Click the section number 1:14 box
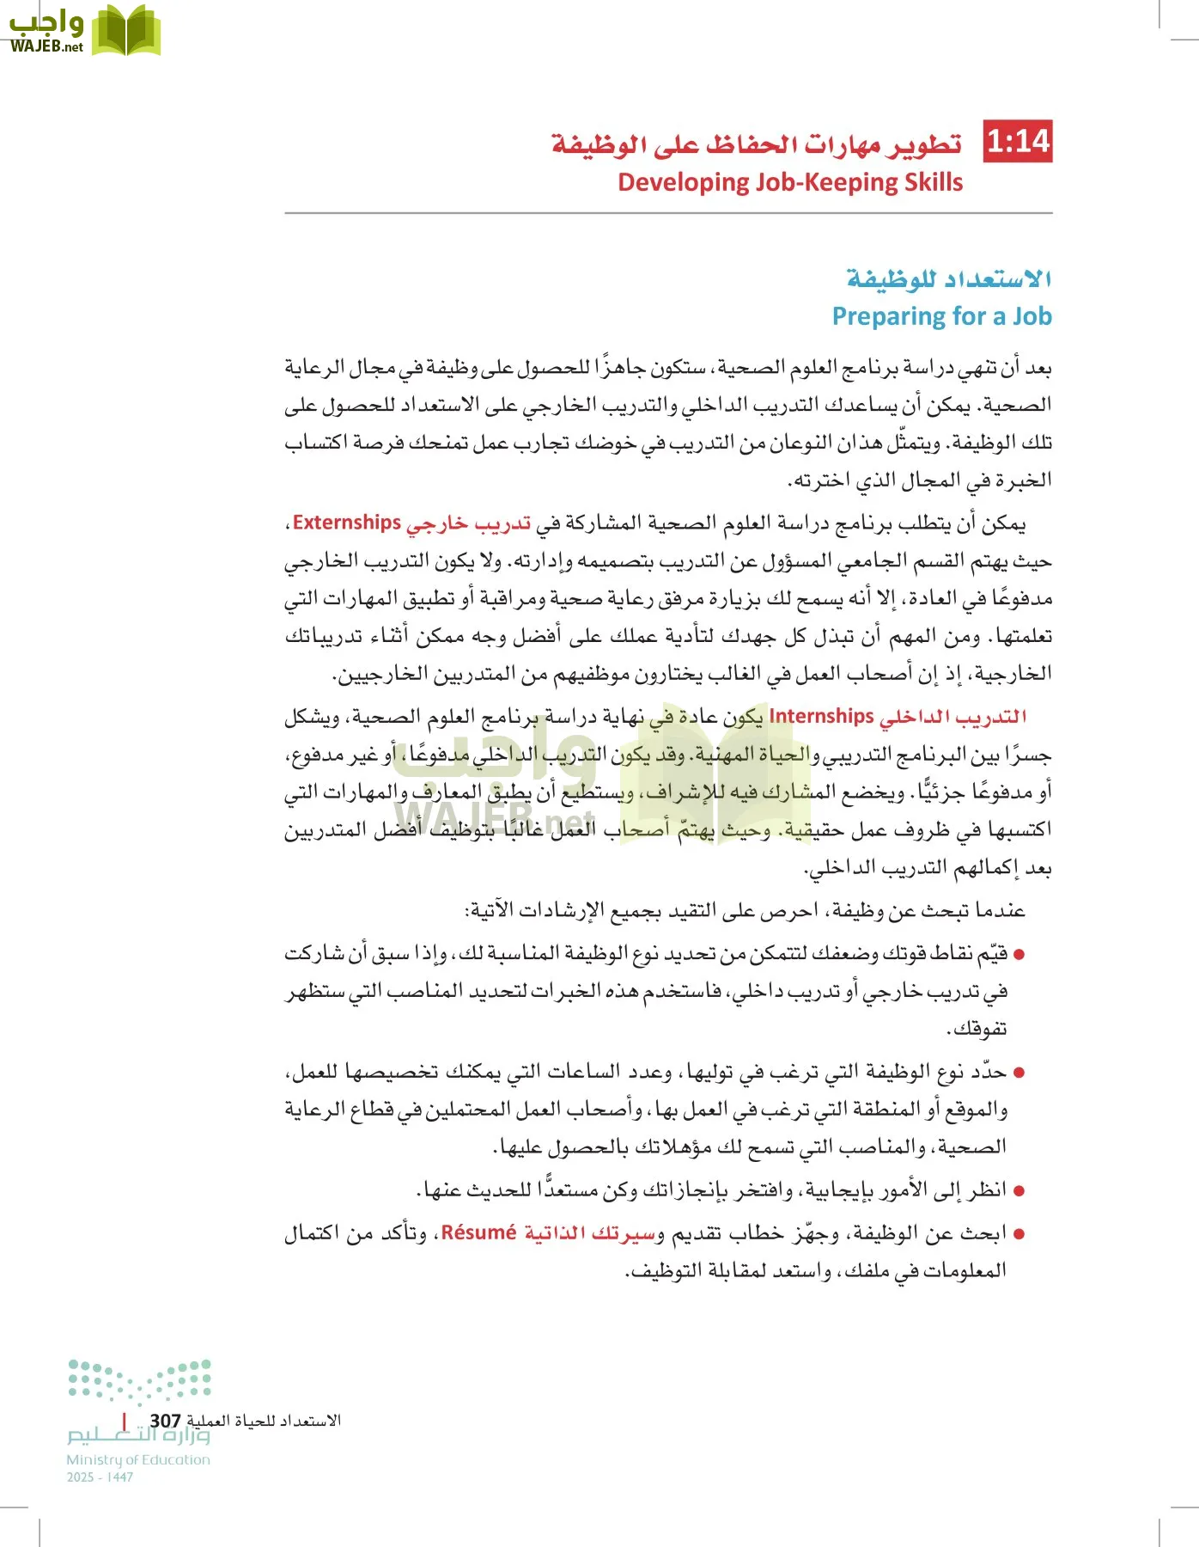click(x=1018, y=142)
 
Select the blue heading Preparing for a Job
click(x=941, y=316)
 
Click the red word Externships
click(x=347, y=523)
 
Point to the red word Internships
click(x=821, y=716)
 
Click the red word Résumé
click(x=478, y=1232)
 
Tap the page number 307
click(x=165, y=1422)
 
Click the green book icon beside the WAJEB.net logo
click(x=126, y=30)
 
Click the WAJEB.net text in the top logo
click(x=46, y=47)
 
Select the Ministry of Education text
click(x=138, y=1459)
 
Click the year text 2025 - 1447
click(x=100, y=1477)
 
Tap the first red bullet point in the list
click(x=1019, y=955)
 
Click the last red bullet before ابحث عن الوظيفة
click(x=1019, y=1234)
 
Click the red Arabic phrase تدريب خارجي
click(x=468, y=523)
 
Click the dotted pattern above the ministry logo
click(x=140, y=1380)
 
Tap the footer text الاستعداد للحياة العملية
click(x=264, y=1422)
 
